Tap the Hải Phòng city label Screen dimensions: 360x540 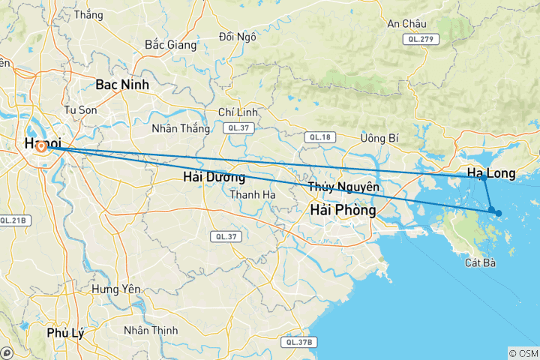point(343,211)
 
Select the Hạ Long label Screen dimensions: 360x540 point(491,173)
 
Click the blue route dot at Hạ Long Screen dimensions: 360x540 point(484,178)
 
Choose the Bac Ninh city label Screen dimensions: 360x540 point(122,85)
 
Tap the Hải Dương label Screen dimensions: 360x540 point(214,178)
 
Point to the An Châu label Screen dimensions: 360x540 point(406,23)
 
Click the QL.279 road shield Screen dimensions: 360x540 point(419,39)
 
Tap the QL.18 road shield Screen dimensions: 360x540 point(320,136)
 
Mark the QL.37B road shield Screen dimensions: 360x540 point(298,342)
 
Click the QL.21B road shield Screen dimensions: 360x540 point(13,220)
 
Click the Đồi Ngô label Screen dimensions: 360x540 point(237,36)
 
